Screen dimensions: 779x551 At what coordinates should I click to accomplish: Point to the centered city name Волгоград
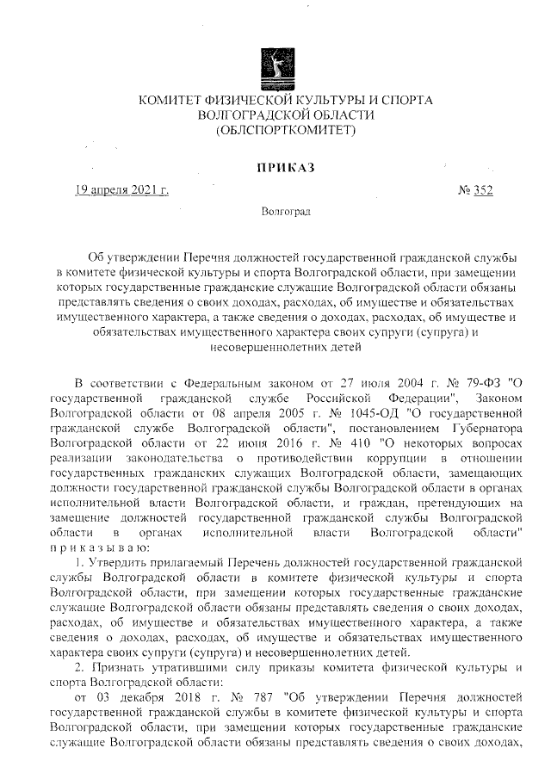point(285,210)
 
